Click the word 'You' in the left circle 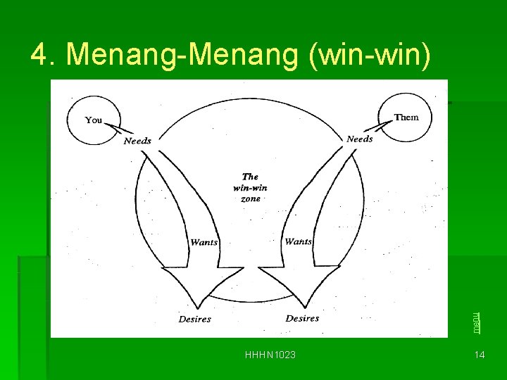tap(94, 120)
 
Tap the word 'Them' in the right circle tap(406, 118)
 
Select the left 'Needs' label tap(137, 141)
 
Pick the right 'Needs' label tap(359, 139)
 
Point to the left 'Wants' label tap(204, 243)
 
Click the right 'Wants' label tap(298, 241)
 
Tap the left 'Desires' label tap(194, 319)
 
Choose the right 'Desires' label tap(302, 319)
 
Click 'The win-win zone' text tap(250, 188)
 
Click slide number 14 tap(480, 355)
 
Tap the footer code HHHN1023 tap(270, 355)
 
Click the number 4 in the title tap(39, 55)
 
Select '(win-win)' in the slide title tap(370, 55)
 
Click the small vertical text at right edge tap(477, 322)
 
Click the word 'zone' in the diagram tap(250, 199)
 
